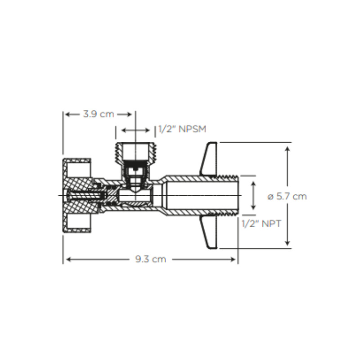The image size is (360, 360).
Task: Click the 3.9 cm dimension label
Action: (98, 114)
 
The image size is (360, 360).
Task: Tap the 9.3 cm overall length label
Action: (150, 259)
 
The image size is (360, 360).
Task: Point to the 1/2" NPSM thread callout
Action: (182, 130)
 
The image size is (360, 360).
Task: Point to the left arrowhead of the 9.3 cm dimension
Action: (67, 259)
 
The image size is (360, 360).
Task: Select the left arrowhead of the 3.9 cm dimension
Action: (67, 114)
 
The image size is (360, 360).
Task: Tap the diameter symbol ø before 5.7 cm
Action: (270, 196)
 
